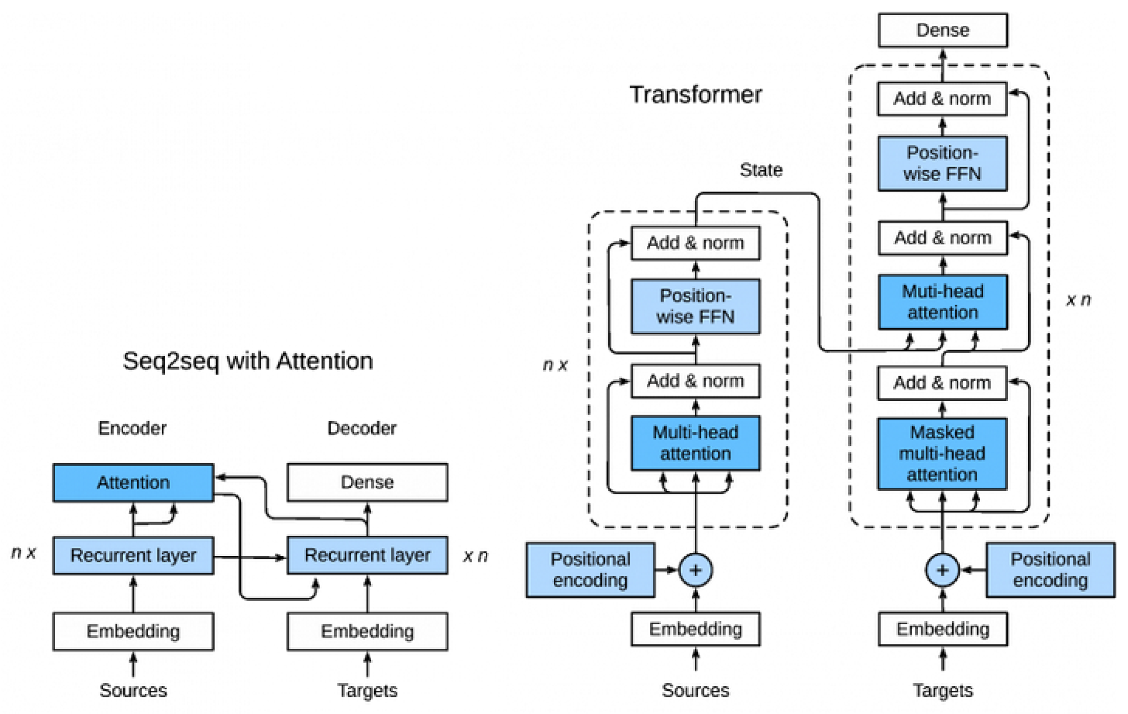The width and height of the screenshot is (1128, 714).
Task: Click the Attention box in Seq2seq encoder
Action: pos(133,482)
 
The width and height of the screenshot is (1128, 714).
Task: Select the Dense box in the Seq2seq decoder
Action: pos(367,482)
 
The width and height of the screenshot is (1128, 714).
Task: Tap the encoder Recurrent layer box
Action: pos(133,555)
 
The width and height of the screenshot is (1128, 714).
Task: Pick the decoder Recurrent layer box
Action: pos(367,555)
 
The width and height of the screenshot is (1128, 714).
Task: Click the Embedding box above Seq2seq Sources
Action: pos(133,631)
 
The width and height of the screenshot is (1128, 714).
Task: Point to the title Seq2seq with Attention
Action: pos(247,361)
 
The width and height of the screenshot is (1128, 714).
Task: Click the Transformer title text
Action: pos(695,94)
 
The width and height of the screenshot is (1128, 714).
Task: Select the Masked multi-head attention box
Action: pos(942,453)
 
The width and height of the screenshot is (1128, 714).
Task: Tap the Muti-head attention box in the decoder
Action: pos(942,302)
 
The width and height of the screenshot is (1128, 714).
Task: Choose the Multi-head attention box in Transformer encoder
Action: pos(695,443)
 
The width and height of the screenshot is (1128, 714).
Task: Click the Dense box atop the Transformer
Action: pos(942,30)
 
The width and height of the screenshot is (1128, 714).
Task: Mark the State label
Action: pos(761,170)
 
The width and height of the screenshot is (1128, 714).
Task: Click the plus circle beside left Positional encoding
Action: pos(695,570)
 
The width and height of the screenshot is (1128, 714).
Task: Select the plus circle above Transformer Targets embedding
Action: pos(942,570)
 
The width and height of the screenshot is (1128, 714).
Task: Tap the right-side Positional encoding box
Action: pos(1050,570)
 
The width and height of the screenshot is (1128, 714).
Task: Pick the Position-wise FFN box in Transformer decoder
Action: pos(942,163)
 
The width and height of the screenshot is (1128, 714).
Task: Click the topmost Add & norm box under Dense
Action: pos(942,98)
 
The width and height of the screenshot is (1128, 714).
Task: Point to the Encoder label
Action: pos(132,428)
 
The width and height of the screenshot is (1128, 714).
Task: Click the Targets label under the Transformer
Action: pos(942,690)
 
